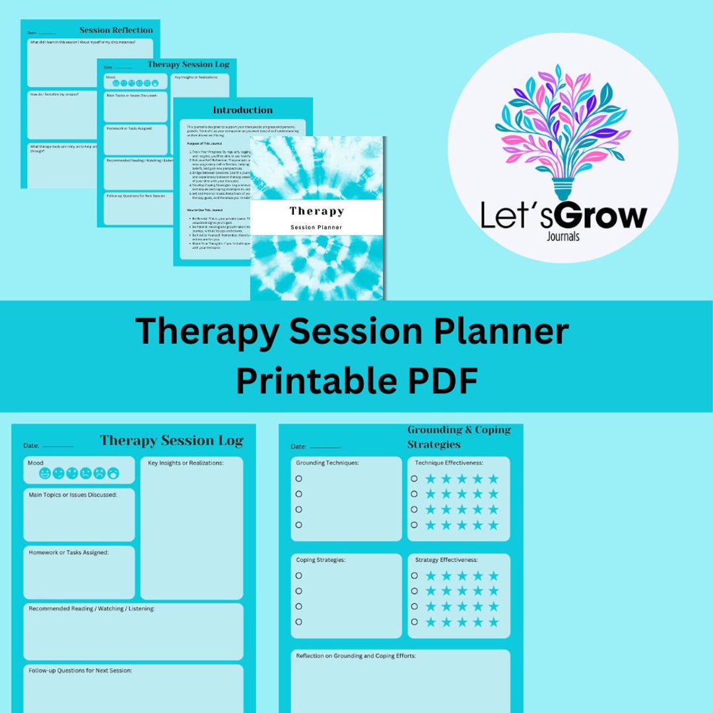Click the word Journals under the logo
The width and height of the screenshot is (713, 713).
[563, 236]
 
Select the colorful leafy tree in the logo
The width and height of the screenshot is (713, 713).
[562, 125]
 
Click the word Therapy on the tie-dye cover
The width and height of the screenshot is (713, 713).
[316, 211]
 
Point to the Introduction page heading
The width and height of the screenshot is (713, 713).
[242, 110]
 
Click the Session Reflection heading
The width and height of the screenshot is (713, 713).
[116, 30]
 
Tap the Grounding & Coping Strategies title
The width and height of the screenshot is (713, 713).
[459, 437]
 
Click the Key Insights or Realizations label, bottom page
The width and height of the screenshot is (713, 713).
[186, 463]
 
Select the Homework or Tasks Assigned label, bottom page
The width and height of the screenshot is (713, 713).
[68, 553]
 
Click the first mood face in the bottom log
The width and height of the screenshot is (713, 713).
[45, 473]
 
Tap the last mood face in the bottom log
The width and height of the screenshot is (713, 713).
[114, 473]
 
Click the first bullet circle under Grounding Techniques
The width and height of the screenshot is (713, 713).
[298, 479]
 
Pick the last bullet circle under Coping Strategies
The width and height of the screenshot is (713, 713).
[298, 622]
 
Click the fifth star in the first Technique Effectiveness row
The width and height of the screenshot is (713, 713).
[493, 479]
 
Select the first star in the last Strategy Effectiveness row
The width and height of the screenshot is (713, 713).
[430, 622]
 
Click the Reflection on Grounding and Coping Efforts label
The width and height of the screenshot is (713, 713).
[356, 656]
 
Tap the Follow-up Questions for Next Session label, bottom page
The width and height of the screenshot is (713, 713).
[80, 670]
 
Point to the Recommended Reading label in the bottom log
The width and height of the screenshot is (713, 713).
[91, 609]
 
